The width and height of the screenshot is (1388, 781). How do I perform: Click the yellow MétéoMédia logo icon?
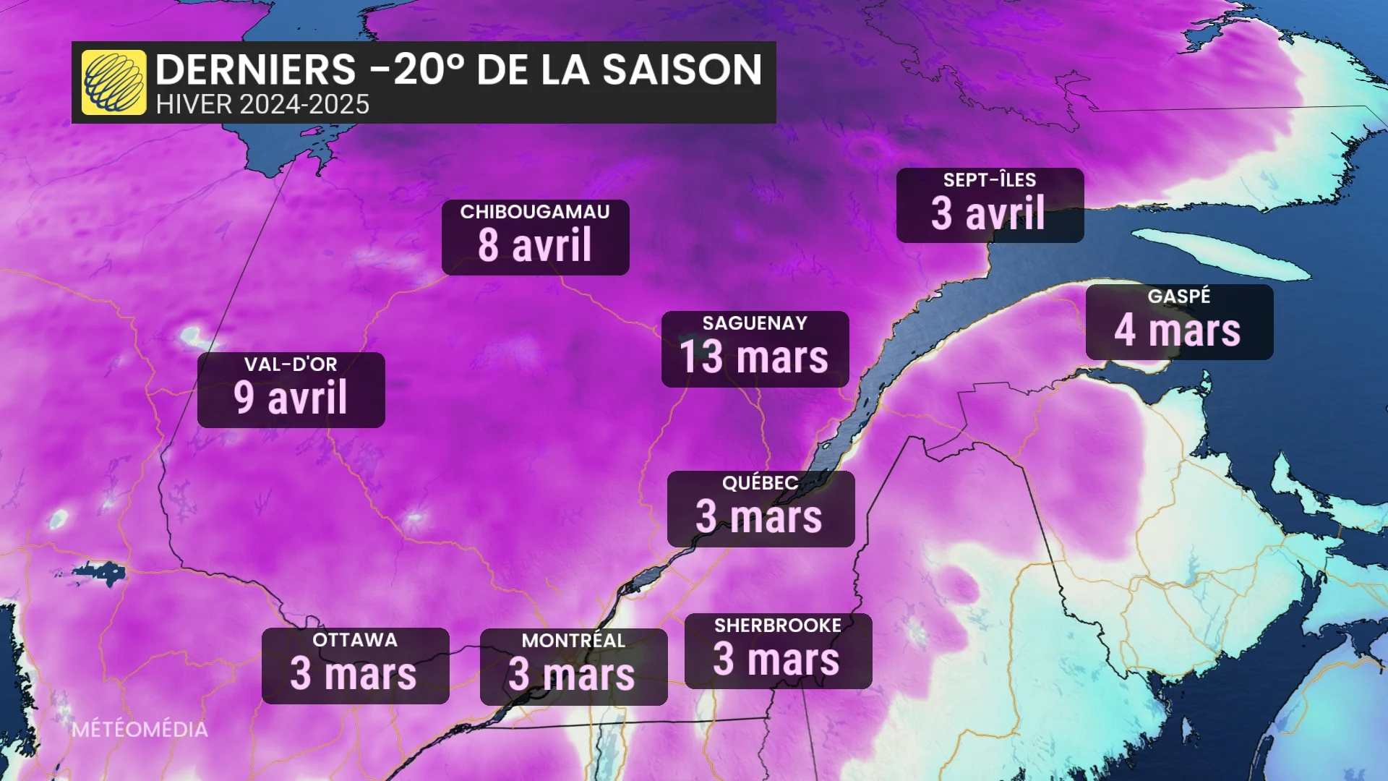113,82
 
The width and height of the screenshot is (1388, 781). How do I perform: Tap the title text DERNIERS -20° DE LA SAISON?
458,69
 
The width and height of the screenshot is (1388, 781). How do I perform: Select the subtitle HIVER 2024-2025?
262,105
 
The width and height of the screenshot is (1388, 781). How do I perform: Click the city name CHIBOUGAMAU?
535,212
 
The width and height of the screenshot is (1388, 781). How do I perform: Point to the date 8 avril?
535,245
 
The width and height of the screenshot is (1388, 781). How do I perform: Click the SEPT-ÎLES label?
990,180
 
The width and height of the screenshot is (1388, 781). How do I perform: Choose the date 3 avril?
988,213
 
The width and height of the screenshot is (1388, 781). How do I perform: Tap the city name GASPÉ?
1179,296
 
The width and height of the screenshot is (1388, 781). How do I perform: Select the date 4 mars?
1178,330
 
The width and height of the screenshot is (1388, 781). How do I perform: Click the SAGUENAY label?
755,323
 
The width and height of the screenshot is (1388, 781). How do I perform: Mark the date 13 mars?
754,357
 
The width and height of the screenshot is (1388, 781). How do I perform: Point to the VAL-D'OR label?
291,364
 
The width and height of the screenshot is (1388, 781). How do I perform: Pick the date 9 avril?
291,398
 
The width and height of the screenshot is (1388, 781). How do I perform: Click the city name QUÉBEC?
761,483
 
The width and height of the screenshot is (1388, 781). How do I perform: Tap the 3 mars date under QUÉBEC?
759,517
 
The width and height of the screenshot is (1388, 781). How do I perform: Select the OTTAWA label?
355,640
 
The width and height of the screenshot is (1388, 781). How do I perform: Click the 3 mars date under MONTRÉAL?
572,675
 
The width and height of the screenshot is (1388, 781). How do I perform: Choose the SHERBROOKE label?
778,626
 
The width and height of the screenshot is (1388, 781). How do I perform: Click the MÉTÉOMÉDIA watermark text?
140,730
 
